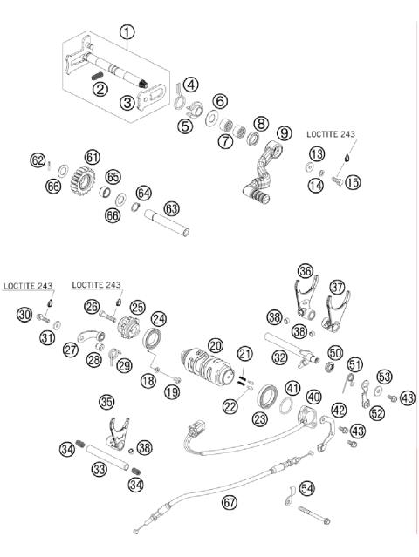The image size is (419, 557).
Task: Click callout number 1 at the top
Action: [128, 33]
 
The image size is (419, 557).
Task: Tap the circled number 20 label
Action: [215, 346]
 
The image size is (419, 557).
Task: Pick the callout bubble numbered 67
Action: [229, 502]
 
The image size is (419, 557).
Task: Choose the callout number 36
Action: [305, 271]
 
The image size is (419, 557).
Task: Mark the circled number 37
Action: [337, 286]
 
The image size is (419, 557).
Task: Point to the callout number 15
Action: [352, 182]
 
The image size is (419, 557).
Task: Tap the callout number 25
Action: [137, 308]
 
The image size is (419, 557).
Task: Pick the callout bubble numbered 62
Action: [37, 160]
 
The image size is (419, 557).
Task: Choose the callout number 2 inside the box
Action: [102, 87]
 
